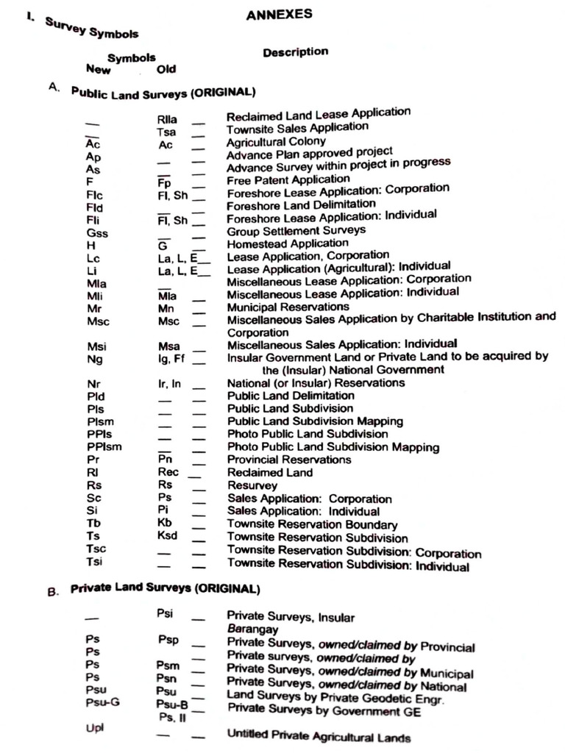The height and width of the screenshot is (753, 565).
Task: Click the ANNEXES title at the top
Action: click(279, 14)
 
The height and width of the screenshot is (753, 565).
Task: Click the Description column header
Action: click(295, 52)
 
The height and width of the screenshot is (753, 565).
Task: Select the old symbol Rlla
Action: click(167, 120)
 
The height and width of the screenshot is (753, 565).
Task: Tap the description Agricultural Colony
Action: click(276, 141)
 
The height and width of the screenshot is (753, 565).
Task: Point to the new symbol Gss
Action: click(97, 232)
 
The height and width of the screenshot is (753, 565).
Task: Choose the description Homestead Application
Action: click(288, 243)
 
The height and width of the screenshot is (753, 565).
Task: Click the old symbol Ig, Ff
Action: click(168, 359)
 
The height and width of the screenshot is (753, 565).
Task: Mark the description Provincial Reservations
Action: click(289, 460)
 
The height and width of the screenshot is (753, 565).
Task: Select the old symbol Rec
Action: click(168, 472)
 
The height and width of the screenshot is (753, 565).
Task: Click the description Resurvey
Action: click(252, 485)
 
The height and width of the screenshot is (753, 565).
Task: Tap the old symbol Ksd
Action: click(168, 535)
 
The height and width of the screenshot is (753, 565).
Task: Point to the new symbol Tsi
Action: click(94, 562)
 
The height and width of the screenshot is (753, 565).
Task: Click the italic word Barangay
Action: click(252, 629)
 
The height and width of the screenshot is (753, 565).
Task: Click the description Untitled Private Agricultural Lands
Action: click(319, 736)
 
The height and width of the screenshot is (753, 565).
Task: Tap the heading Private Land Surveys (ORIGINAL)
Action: click(165, 590)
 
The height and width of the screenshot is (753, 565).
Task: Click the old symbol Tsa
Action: click(166, 132)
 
